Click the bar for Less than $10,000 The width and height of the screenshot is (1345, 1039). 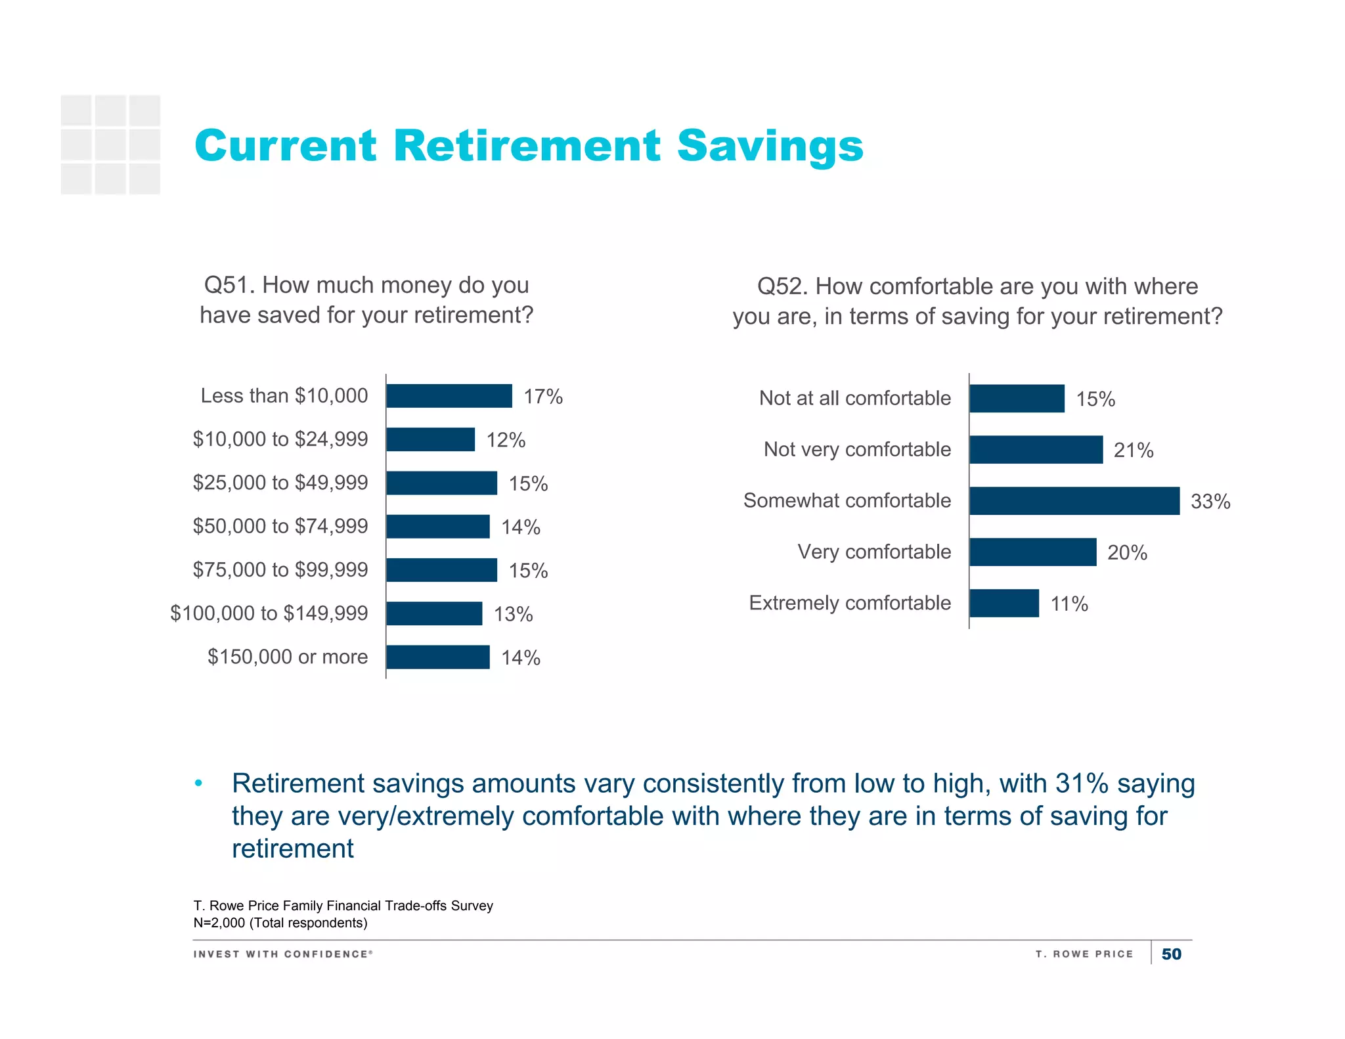(449, 396)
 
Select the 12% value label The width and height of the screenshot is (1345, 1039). (506, 440)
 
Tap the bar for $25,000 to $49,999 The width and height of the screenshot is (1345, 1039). (441, 483)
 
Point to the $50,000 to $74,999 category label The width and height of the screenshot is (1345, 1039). (280, 526)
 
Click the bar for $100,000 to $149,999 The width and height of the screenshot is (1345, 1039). (434, 613)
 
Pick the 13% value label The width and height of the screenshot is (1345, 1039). (513, 614)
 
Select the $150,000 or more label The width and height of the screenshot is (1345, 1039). (288, 657)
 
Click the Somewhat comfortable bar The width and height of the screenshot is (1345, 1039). (1074, 501)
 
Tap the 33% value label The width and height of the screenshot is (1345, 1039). (1210, 502)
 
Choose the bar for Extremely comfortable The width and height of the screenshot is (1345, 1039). (1004, 603)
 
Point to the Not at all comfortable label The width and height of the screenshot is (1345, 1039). (855, 398)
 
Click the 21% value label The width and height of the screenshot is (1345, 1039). (1134, 451)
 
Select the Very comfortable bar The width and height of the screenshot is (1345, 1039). (1033, 552)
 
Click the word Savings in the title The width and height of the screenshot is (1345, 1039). (770, 146)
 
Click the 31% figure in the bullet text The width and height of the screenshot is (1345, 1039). (1082, 784)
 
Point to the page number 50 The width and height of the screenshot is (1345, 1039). (1171, 954)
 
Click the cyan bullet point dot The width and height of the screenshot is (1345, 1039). (198, 783)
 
